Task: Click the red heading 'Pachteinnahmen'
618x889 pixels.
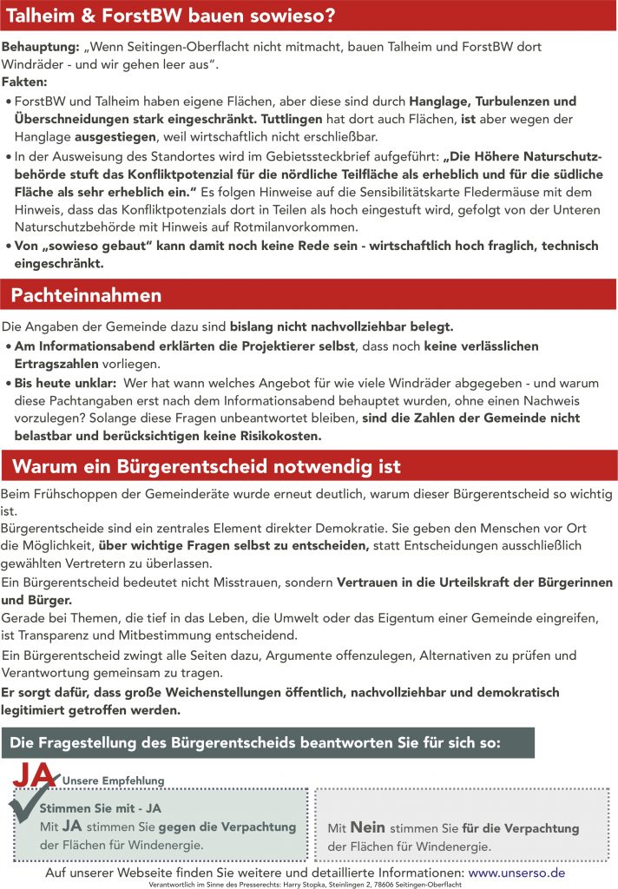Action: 86,295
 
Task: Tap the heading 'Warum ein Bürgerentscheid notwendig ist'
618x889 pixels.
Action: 207,467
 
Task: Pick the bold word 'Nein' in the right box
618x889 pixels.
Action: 367,828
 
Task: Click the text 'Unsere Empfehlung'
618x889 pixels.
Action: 113,781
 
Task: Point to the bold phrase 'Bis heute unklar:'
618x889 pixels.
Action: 65,382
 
